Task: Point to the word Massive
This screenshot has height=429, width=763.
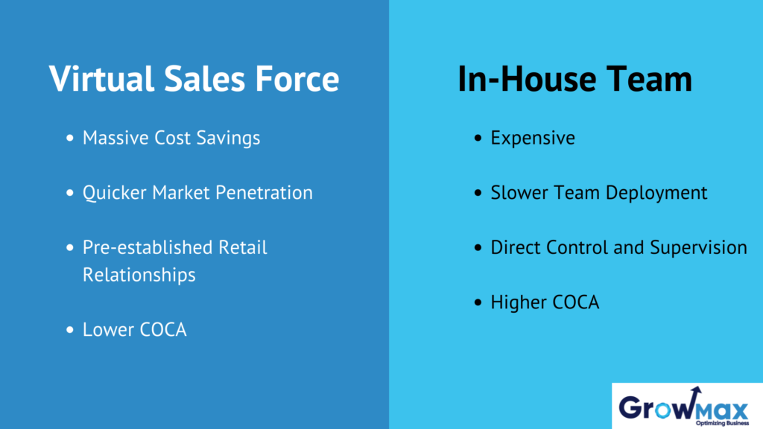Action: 113,138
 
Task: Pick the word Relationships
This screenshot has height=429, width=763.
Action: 139,275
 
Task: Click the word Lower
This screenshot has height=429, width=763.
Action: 105,330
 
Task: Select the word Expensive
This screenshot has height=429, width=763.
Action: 533,139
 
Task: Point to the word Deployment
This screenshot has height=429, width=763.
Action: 656,193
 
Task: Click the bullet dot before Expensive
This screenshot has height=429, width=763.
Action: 478,139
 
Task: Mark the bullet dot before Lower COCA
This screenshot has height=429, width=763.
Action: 70,330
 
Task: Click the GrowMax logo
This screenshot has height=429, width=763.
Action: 686,407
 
